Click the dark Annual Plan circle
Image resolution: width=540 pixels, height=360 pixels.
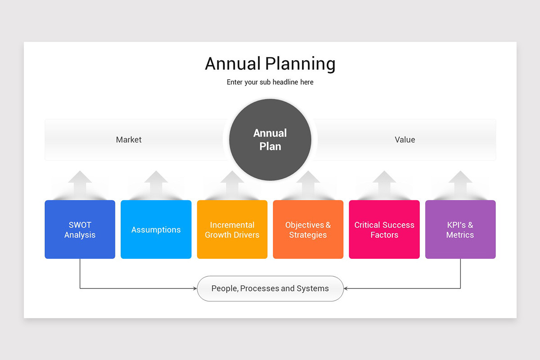point(270,139)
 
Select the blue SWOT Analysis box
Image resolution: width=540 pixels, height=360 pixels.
point(80,229)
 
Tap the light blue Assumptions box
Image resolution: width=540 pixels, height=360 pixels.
point(156,229)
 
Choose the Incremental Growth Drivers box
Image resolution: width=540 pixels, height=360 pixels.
point(232,229)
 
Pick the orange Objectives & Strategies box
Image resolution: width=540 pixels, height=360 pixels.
point(308,229)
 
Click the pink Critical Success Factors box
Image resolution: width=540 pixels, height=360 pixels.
point(384,229)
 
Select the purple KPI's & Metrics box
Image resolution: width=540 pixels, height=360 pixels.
point(460,229)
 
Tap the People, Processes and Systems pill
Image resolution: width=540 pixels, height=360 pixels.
point(270,288)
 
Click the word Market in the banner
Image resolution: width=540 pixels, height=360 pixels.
point(129,139)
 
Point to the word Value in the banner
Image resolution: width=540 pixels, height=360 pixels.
point(405,139)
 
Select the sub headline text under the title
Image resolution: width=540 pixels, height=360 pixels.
point(270,82)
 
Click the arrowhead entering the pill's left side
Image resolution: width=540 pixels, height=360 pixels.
point(194,288)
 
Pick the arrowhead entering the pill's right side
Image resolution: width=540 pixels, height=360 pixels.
point(346,288)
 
